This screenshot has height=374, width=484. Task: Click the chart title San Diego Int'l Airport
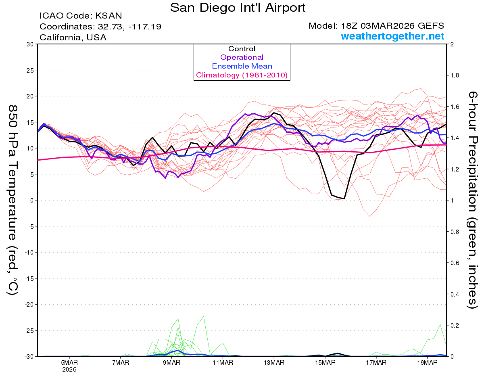click(238, 8)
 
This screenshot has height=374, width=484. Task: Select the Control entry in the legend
click(242, 49)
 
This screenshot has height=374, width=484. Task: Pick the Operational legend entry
click(242, 57)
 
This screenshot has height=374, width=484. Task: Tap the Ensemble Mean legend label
click(242, 66)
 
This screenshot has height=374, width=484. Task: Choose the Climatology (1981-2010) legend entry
click(242, 75)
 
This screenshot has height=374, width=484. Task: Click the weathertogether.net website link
click(392, 36)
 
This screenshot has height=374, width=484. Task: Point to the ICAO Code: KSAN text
click(81, 16)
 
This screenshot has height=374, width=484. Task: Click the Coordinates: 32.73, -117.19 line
click(100, 27)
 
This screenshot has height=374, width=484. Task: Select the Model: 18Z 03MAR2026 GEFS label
click(376, 26)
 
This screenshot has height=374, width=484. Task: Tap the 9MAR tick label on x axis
click(171, 363)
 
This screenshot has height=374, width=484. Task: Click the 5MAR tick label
click(69, 363)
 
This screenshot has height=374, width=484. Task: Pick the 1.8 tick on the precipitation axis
click(455, 75)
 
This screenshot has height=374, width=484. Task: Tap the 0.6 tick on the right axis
click(455, 263)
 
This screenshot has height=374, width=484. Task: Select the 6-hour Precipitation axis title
click(473, 200)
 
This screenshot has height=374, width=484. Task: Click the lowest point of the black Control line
click(344, 198)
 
